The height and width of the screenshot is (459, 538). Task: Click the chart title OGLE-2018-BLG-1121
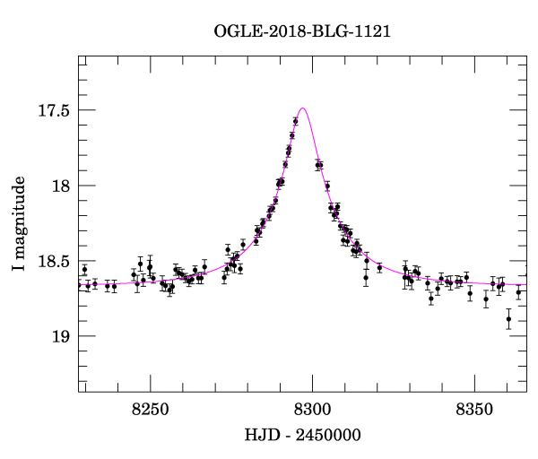303,31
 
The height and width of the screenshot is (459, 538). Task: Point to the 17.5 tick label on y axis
53,111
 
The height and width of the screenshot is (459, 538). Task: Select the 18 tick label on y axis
61,186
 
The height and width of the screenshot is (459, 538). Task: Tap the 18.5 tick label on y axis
53,262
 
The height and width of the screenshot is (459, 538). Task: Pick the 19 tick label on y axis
61,336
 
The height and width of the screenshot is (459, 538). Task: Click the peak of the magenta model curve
303,108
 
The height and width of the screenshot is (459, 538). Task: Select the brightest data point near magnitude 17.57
296,120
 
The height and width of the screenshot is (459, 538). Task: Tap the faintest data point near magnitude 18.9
508,319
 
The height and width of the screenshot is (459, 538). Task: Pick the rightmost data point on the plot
518,291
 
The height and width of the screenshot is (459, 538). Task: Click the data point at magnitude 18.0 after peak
327,186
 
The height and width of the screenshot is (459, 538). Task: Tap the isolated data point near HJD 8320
379,267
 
